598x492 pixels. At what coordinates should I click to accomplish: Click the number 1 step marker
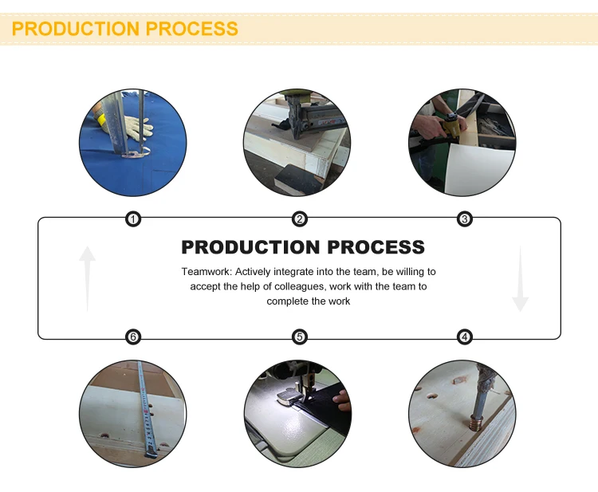point(133,219)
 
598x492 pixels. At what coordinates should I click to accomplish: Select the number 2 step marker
point(300,219)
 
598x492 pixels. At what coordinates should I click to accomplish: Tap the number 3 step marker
point(465,219)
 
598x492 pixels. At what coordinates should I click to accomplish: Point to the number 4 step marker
point(465,337)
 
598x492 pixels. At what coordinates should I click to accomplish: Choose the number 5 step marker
point(300,337)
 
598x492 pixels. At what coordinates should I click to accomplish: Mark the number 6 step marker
point(133,337)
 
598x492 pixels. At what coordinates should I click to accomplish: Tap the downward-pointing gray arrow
point(520,279)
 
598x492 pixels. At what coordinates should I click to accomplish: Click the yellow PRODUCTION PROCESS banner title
point(125,29)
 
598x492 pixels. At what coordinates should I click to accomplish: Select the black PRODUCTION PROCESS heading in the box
point(303,247)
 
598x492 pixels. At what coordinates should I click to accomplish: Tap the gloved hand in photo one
point(137,128)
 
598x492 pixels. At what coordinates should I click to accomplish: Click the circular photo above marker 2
point(296,144)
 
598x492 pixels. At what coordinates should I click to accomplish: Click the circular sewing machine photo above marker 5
point(297,413)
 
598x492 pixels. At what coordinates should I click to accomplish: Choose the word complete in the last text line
point(285,301)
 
